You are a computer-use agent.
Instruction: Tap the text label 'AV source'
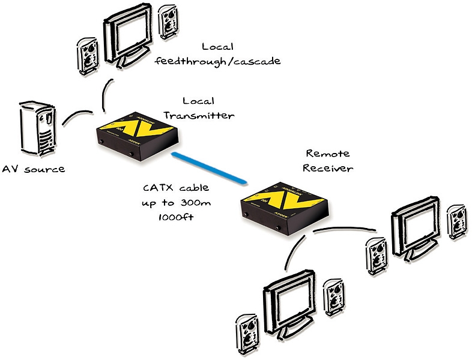pyautogui.click(x=33, y=169)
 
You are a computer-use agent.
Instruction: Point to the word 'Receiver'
pyautogui.click(x=328, y=168)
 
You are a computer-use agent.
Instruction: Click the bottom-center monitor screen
pyautogui.click(x=288, y=301)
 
